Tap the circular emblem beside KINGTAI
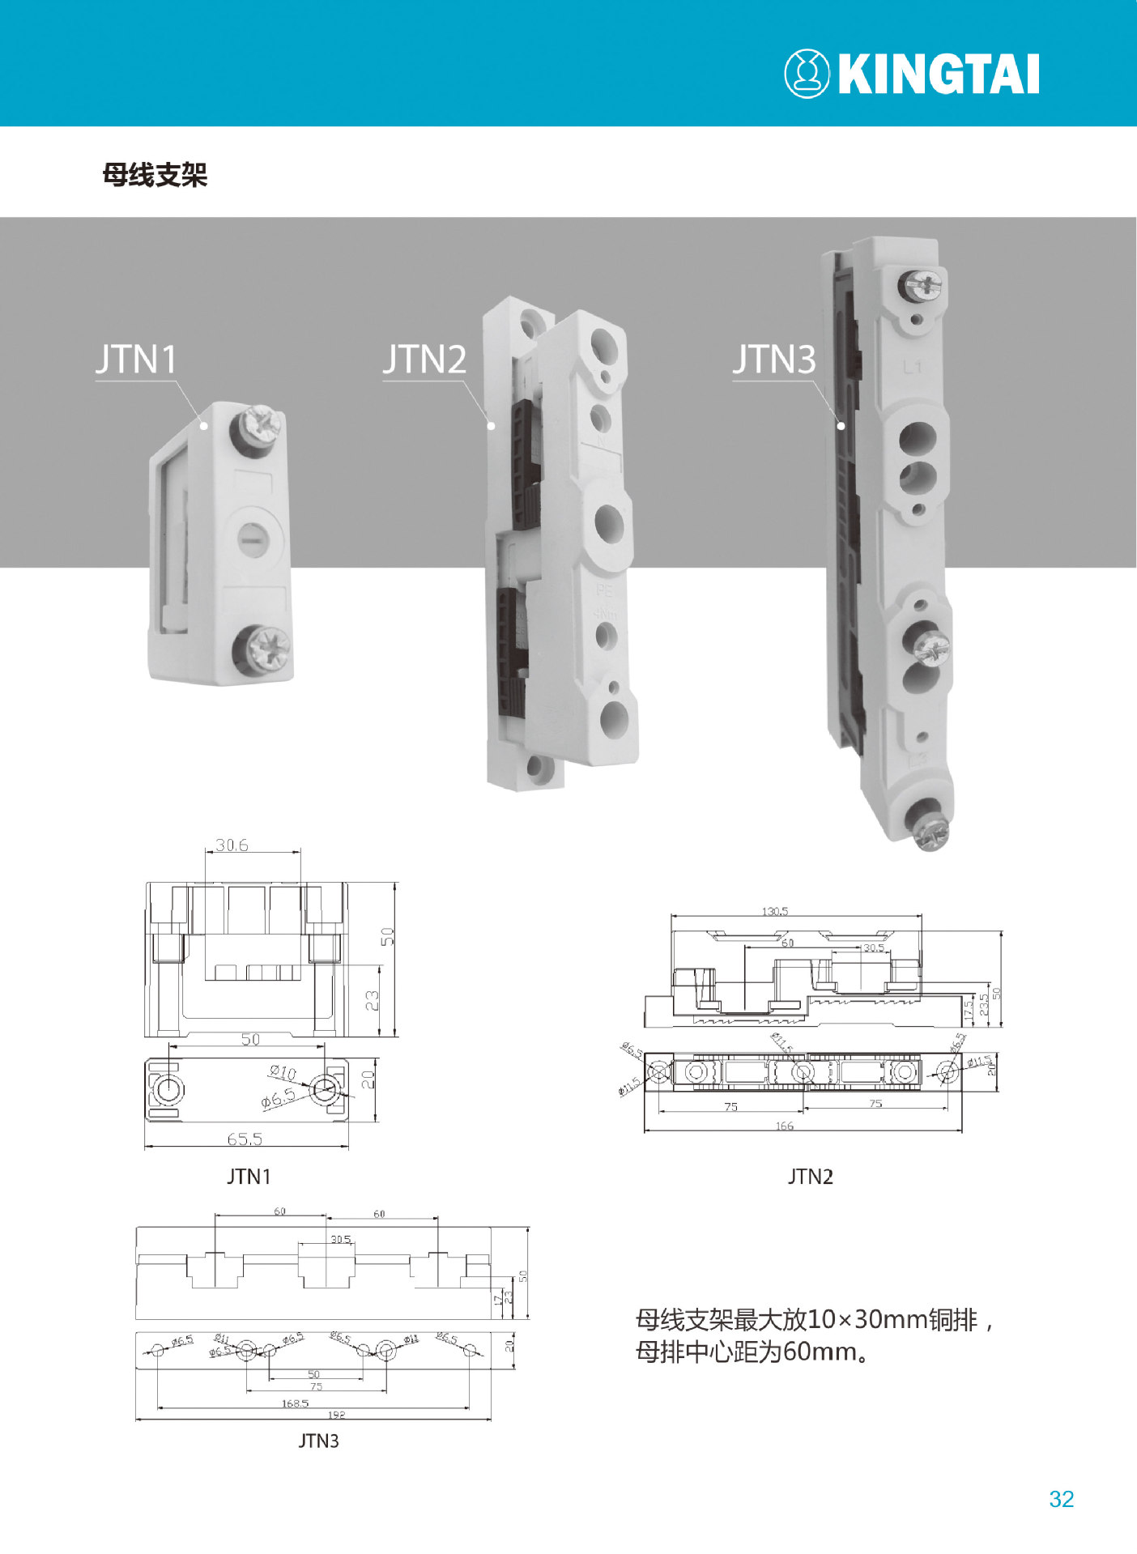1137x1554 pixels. [x=806, y=74]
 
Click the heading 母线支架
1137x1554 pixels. [x=155, y=175]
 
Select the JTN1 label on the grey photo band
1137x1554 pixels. [x=136, y=360]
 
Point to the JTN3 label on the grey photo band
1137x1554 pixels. [x=774, y=360]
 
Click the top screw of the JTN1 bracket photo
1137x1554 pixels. [x=259, y=425]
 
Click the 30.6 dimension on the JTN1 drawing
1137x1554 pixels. [x=232, y=845]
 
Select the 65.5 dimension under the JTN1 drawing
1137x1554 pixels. [x=245, y=1139]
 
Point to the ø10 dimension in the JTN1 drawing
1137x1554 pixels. [x=283, y=1073]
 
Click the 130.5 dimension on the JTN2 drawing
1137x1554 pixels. [x=774, y=911]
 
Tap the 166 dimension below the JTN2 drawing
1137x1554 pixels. [x=784, y=1126]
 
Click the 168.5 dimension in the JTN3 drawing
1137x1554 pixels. [x=295, y=1403]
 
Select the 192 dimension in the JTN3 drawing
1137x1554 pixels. [x=336, y=1415]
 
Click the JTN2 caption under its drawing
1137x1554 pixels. [x=810, y=1177]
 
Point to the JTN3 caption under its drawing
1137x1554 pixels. [x=318, y=1441]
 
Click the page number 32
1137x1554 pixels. [x=1061, y=1499]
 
